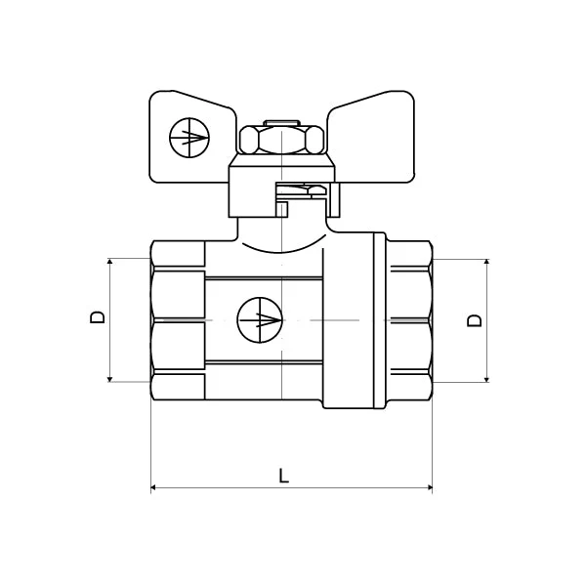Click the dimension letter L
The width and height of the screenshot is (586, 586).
pyautogui.click(x=283, y=476)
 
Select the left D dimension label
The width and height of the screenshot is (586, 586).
pyautogui.click(x=98, y=317)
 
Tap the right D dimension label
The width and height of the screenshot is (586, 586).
pyautogui.click(x=475, y=320)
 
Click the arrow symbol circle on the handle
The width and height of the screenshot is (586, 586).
pyautogui.click(x=189, y=137)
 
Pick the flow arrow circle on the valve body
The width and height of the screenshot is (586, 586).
pyautogui.click(x=260, y=320)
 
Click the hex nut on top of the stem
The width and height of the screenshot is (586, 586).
pyautogui.click(x=281, y=140)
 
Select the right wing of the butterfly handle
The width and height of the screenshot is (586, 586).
pyautogui.click(x=371, y=137)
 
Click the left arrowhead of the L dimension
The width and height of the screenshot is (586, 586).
pyautogui.click(x=153, y=487)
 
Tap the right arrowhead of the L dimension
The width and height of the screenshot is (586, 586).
pyautogui.click(x=430, y=487)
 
